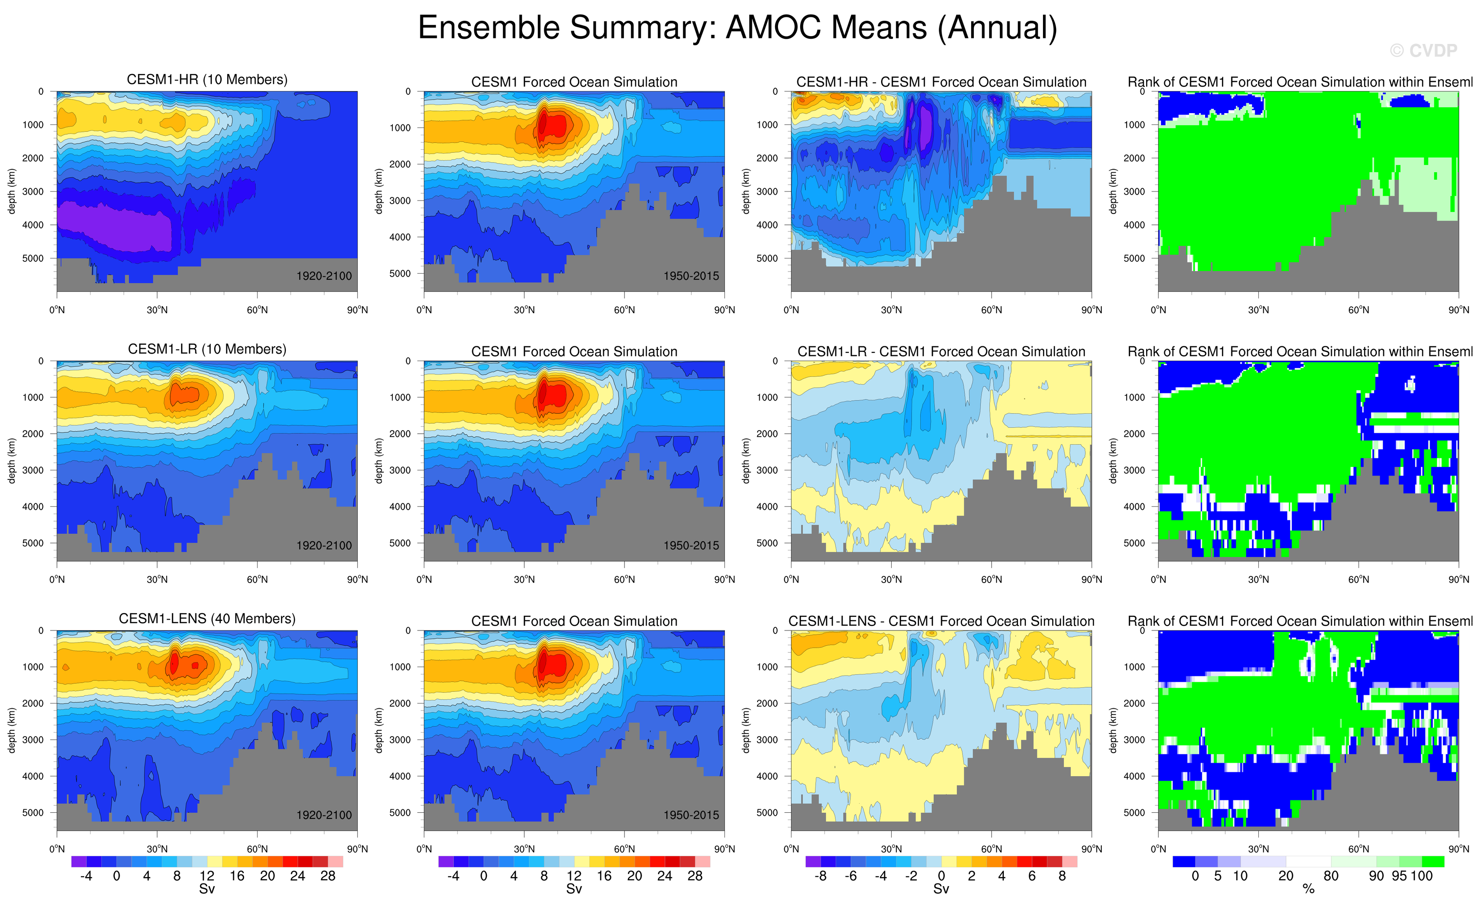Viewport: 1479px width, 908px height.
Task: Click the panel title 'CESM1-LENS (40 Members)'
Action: tap(207, 619)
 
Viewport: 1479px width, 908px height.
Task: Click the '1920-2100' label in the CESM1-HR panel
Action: tap(324, 276)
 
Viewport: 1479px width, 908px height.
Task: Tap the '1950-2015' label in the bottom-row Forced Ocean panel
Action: tap(691, 815)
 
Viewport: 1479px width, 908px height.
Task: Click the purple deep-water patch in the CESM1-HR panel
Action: tap(114, 225)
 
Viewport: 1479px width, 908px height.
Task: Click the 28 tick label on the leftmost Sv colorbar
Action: tap(327, 876)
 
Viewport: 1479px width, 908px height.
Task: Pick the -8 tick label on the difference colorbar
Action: tap(820, 876)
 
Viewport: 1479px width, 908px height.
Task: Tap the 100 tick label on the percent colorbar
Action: tap(1422, 876)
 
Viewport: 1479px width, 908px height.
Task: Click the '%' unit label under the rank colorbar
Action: tap(1308, 889)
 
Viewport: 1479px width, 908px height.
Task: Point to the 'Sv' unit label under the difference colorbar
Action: tap(941, 889)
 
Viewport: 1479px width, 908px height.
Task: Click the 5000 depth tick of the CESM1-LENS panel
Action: tap(33, 813)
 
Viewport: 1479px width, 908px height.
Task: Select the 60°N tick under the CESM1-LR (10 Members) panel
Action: tap(258, 580)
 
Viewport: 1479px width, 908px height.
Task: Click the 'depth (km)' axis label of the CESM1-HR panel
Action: tap(11, 191)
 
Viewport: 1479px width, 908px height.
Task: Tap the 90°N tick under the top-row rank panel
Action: tap(1459, 310)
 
